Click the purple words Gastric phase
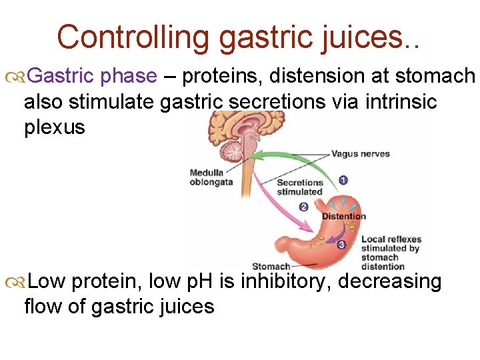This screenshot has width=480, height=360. pos(93,77)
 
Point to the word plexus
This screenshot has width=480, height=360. pos(55,127)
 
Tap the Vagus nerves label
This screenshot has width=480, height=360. pos(361,154)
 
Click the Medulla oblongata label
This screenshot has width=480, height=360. pos(211,177)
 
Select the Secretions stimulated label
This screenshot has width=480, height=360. pos(299,187)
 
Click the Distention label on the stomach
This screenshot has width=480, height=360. pos(344,216)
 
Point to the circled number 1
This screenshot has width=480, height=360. pos(343,180)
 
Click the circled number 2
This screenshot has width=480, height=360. pos(303,207)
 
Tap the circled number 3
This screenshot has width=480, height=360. pos(341,245)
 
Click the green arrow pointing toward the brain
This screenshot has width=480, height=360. pos(280,160)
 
